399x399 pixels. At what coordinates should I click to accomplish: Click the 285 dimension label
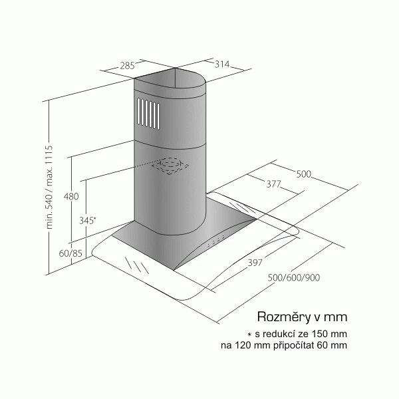click(127, 66)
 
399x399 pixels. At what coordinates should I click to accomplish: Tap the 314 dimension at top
click(222, 64)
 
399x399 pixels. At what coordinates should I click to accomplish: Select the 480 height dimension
click(71, 196)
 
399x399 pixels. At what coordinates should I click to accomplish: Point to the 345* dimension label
click(88, 220)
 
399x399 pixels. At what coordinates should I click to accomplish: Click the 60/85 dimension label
click(70, 253)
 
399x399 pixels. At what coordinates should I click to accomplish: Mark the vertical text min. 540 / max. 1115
click(49, 187)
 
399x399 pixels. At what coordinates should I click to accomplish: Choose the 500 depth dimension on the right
click(304, 174)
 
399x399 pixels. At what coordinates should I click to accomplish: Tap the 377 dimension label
click(273, 184)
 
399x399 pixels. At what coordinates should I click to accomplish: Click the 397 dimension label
click(255, 263)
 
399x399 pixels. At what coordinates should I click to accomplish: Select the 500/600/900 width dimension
click(294, 277)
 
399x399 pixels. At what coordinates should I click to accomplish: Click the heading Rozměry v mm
click(302, 317)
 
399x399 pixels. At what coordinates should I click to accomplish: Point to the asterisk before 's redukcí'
click(249, 334)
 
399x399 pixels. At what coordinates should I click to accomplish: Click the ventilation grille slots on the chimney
click(148, 114)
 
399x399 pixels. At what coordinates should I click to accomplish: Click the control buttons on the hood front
click(215, 241)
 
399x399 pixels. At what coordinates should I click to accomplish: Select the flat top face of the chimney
click(170, 78)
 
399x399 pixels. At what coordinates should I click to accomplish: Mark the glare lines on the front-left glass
click(137, 265)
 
